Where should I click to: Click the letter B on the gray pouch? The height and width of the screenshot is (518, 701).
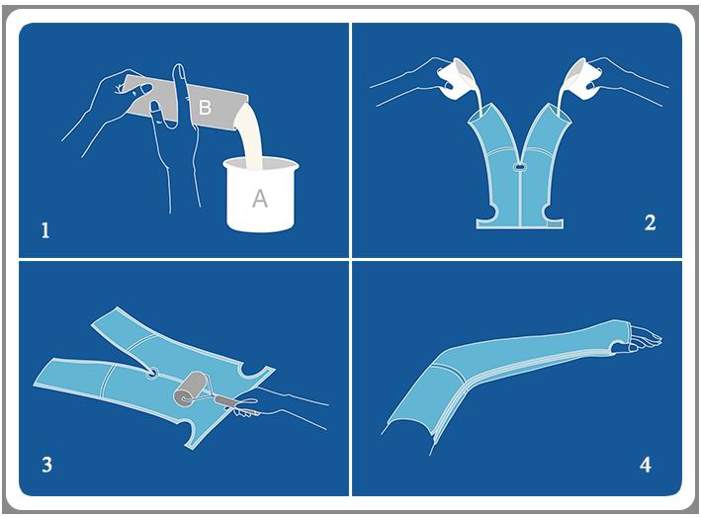coord(205,108)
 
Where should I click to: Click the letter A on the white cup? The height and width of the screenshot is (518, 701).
coord(260,198)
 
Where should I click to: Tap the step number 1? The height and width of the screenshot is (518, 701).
coord(45,230)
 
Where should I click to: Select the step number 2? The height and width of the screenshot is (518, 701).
coord(650,222)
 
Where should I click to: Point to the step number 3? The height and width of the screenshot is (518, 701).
coord(46,465)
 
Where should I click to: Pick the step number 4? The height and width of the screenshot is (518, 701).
coord(645,465)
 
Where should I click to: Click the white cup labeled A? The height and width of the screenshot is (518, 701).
coord(261,195)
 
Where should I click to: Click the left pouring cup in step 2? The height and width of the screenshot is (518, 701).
coord(455,79)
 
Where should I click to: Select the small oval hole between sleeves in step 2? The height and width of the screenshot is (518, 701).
coord(519,168)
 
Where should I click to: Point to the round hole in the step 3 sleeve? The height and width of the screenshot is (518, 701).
coord(152,373)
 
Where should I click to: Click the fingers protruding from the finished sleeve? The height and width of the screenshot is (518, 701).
coord(645,335)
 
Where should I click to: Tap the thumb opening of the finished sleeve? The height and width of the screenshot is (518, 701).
coord(619,344)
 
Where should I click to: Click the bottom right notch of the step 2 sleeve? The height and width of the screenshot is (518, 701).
coord(550,211)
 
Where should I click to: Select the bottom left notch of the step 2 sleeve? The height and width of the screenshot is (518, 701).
coord(488,211)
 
